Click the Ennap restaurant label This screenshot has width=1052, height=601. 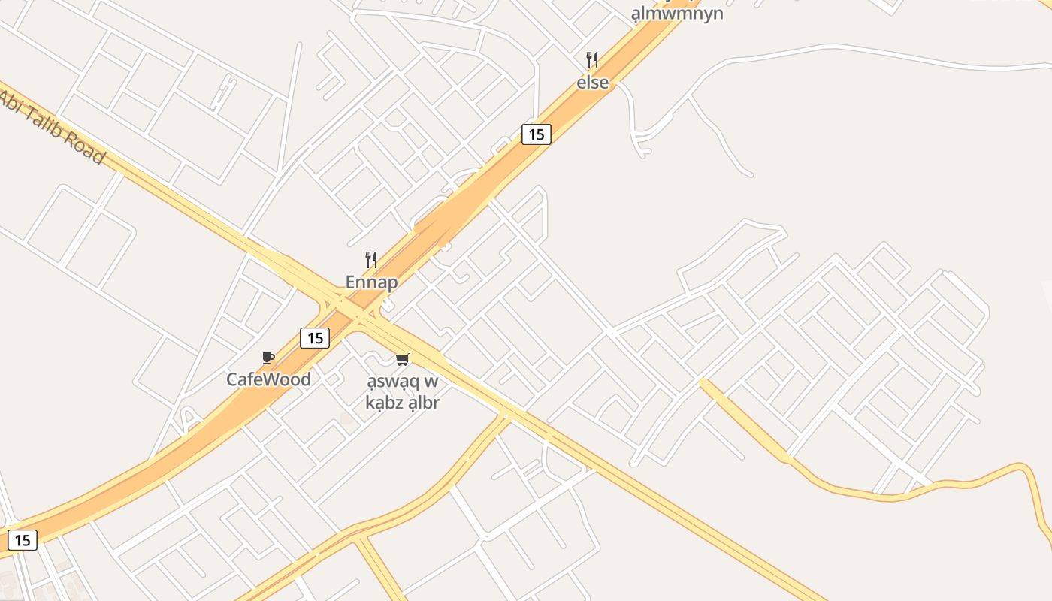371,282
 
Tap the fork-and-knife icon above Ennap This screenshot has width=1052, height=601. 371,260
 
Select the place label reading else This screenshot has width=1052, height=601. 593,83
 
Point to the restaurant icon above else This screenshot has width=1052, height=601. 592,60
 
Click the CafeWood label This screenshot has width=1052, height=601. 268,379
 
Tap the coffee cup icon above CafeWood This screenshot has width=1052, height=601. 268,358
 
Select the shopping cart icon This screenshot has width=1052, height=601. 403,360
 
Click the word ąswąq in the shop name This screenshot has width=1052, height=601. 391,382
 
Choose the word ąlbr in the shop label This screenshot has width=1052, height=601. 425,403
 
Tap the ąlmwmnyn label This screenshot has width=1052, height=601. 677,14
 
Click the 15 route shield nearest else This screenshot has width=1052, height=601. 536,134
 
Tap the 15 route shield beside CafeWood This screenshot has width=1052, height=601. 315,338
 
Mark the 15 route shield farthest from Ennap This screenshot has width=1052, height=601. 22,539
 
